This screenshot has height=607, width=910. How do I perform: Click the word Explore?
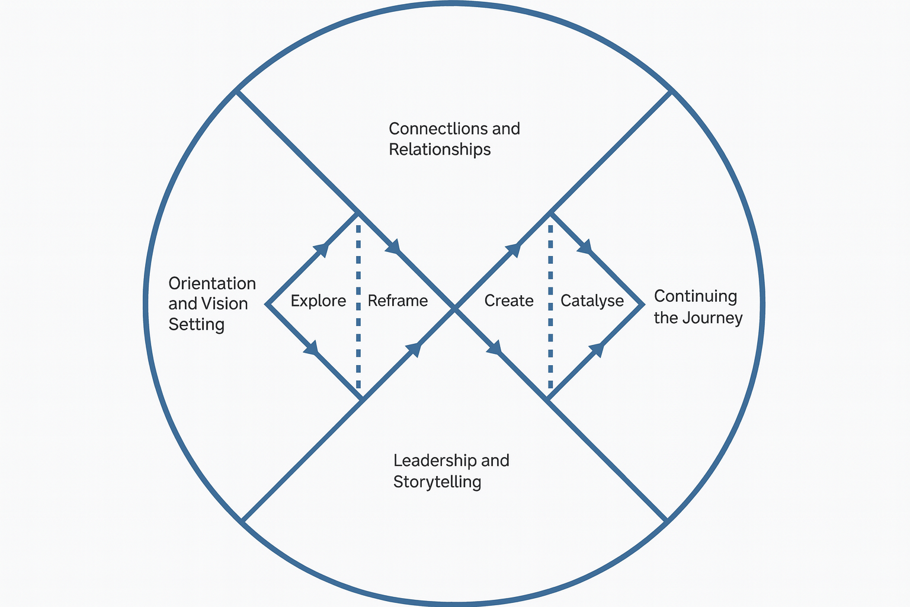click(318, 301)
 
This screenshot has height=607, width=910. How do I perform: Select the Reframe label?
click(398, 301)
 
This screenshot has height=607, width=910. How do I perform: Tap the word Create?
click(509, 301)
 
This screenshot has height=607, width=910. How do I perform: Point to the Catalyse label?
click(592, 301)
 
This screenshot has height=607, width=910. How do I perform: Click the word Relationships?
click(440, 149)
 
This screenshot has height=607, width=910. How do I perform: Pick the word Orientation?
click(212, 283)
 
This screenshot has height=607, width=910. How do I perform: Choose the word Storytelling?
click(437, 482)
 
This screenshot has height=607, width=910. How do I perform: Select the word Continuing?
click(696, 296)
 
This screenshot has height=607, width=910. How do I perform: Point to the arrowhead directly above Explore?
click(321, 249)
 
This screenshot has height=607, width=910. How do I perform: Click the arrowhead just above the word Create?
click(514, 250)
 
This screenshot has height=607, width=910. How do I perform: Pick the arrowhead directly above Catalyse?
click(585, 246)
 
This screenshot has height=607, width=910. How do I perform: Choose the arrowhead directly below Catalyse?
click(597, 350)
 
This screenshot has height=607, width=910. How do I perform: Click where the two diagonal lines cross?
click(454, 307)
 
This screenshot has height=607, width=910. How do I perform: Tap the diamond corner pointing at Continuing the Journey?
click(642, 305)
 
